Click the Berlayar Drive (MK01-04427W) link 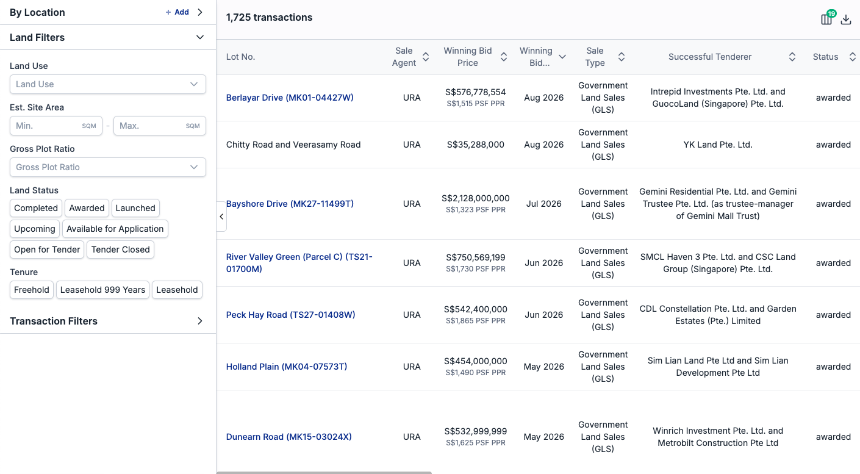click(290, 98)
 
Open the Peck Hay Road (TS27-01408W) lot click(290, 315)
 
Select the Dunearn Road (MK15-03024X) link click(288, 437)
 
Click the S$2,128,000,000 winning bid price click(475, 198)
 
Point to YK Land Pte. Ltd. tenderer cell click(717, 145)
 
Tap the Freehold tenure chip click(32, 290)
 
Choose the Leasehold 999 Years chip click(102, 290)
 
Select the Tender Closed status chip click(120, 250)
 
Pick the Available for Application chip click(115, 229)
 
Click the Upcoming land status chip click(35, 229)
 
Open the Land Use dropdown click(108, 84)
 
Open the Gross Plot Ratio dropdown click(108, 167)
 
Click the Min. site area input click(56, 126)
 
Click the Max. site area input click(160, 126)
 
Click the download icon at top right click(846, 19)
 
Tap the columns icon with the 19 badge click(826, 19)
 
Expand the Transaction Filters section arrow click(199, 321)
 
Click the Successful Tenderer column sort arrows click(792, 57)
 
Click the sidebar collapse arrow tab click(221, 217)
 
